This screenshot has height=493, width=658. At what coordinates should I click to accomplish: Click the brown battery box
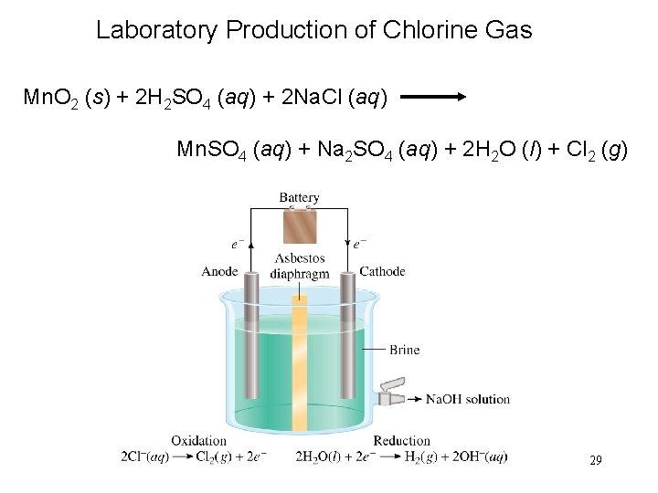tap(300, 226)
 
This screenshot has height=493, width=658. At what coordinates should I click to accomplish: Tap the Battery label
tap(299, 197)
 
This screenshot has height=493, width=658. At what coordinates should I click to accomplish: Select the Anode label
tap(219, 271)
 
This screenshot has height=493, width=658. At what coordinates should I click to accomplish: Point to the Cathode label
tap(382, 271)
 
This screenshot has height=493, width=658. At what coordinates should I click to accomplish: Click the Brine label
tap(404, 349)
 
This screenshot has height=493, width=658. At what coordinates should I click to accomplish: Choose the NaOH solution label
tap(468, 399)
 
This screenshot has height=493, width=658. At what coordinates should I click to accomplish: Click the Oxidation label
tap(198, 441)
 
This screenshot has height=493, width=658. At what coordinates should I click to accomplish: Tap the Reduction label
tap(401, 441)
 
